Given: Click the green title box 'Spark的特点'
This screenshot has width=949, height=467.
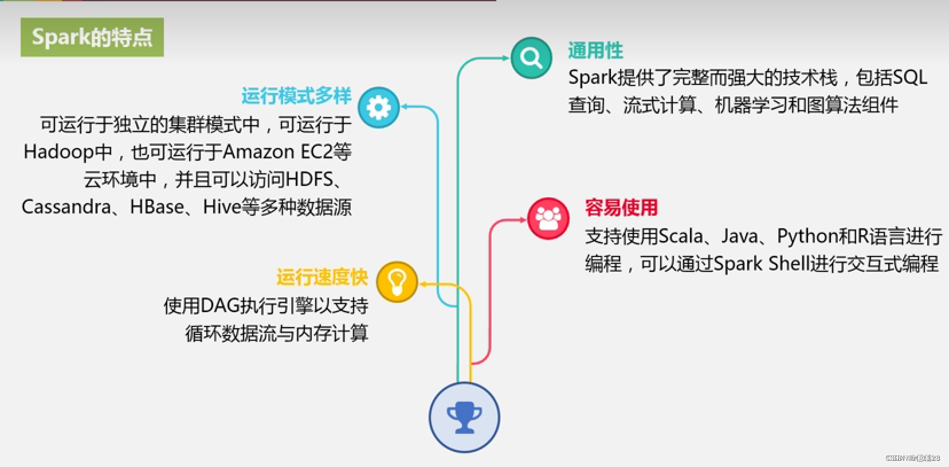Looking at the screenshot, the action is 92,37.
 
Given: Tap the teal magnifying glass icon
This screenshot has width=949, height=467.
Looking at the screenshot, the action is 531,58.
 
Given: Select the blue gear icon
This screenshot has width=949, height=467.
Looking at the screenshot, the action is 379,107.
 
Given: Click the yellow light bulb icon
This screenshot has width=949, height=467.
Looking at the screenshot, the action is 397,282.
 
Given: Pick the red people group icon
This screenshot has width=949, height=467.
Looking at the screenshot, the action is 548,219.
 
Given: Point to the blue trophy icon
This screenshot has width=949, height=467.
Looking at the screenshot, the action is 464,417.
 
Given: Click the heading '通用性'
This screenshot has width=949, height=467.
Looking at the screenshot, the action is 595,50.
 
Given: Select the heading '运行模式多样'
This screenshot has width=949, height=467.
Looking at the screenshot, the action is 296,95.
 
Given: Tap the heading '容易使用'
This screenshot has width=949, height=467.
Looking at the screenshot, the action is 621,208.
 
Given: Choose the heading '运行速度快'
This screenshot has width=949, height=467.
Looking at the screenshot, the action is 322,278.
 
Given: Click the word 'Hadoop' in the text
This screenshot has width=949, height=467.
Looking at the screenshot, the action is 58,152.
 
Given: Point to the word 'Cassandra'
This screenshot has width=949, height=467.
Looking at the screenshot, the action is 66,207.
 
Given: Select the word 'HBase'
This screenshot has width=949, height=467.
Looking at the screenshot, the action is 157,207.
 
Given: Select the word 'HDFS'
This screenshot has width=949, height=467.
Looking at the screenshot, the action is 309,180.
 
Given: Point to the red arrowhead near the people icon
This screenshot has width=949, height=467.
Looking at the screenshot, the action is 523,219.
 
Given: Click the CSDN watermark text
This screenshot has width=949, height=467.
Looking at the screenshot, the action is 912,458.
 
